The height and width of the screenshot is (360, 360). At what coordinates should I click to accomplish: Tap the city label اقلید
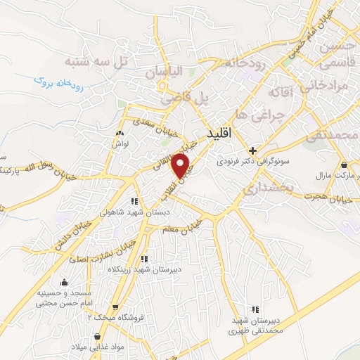(x=220, y=132)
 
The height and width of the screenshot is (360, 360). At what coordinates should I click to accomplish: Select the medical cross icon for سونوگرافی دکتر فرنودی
(x=253, y=149)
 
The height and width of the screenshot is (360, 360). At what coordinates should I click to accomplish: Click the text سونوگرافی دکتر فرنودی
(x=277, y=162)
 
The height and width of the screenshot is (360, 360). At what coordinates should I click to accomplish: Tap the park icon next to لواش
(x=120, y=133)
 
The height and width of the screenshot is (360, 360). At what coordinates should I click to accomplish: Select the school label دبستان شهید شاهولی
(x=120, y=211)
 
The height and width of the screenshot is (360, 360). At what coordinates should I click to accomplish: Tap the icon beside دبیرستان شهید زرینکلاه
(x=145, y=259)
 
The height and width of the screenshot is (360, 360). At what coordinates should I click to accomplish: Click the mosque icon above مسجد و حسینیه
(x=65, y=283)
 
